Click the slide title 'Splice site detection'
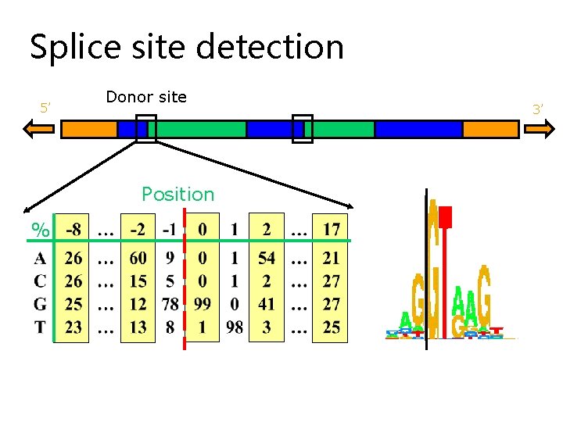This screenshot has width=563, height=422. [x=187, y=47]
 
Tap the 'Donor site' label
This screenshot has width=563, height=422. [x=146, y=97]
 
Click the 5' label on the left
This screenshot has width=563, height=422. [x=45, y=108]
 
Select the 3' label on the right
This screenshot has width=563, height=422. [x=537, y=110]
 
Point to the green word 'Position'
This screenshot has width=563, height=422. [x=178, y=194]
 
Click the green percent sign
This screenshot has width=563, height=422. [x=39, y=231]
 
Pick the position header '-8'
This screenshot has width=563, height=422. [x=74, y=230]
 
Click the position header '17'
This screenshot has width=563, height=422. [x=331, y=230]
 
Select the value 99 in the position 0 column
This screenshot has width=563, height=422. [x=203, y=304]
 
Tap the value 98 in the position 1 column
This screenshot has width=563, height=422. [x=235, y=327]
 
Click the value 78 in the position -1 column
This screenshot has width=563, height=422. [x=170, y=304]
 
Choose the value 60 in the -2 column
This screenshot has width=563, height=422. [x=138, y=258]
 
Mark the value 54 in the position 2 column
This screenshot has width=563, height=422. [x=267, y=258]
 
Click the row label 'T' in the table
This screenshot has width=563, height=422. [x=40, y=327]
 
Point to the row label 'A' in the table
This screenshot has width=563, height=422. [x=40, y=258]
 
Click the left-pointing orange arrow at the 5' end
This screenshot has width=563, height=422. [x=39, y=129]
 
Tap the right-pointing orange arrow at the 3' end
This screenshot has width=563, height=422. [x=538, y=129]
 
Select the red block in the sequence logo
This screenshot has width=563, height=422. [x=446, y=216]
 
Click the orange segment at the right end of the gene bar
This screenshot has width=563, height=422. [x=490, y=129]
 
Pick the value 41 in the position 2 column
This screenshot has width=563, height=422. [x=267, y=304]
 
